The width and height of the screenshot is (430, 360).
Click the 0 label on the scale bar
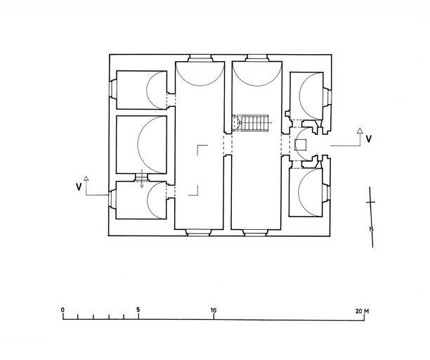click(x=63, y=310)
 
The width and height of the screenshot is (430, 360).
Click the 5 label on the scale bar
click(x=138, y=310)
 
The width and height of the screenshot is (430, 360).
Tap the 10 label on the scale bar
click(x=214, y=311)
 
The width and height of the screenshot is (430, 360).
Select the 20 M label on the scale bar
click(x=362, y=311)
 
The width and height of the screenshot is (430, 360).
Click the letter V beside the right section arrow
click(x=369, y=139)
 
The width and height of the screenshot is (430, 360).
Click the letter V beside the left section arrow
click(x=79, y=187)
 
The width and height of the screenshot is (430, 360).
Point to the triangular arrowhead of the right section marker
click(x=360, y=131)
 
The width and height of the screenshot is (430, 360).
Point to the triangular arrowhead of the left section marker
click(x=86, y=179)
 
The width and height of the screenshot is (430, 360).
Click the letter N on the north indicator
click(x=372, y=229)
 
